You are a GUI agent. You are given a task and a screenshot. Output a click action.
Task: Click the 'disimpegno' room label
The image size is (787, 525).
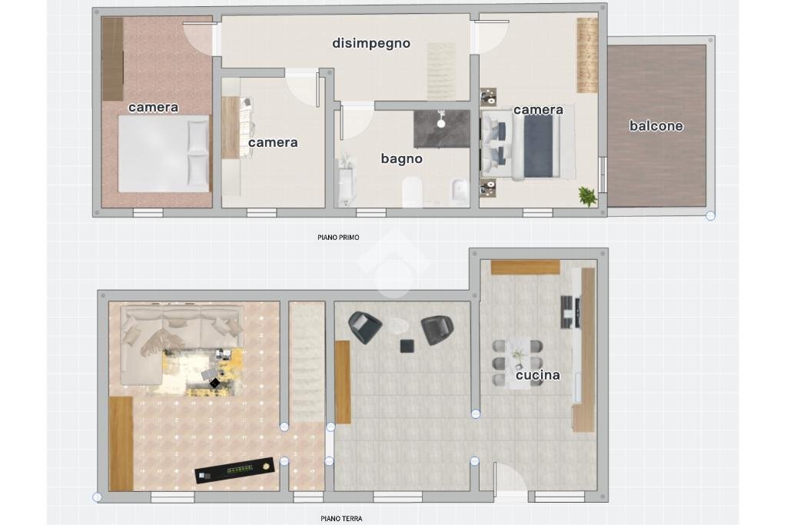(x=371, y=43)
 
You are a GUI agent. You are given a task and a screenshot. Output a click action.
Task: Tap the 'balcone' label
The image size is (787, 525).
(x=656, y=125)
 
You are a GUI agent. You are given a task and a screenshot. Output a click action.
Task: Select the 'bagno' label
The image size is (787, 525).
(x=401, y=159)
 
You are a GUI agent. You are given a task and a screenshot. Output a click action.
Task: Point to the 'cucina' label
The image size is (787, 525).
(x=537, y=375)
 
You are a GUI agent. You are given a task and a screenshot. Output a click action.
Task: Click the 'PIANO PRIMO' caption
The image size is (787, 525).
(x=338, y=238)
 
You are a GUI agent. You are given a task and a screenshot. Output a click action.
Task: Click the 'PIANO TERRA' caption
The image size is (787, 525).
(x=341, y=519)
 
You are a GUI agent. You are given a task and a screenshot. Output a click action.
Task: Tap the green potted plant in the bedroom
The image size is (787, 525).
(x=587, y=196)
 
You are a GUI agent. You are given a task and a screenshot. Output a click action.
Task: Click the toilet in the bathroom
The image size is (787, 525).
(x=412, y=192)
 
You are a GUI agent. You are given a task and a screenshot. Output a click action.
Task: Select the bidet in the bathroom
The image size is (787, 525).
(x=460, y=192)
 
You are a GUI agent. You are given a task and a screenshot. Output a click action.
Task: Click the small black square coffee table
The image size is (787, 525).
(x=407, y=346)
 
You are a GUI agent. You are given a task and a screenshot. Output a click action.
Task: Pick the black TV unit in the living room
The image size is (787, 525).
(x=235, y=470)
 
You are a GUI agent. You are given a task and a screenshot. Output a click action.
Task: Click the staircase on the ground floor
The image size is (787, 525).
(x=307, y=362)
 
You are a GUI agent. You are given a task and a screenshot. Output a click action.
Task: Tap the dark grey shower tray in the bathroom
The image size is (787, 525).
(x=442, y=128)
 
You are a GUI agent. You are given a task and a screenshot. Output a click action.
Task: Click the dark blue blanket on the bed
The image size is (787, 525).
(x=538, y=147)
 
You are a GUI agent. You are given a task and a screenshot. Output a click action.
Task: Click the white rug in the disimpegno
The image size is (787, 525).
(x=442, y=71)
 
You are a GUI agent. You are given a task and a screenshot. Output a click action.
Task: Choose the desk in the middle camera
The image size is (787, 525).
(x=231, y=128)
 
